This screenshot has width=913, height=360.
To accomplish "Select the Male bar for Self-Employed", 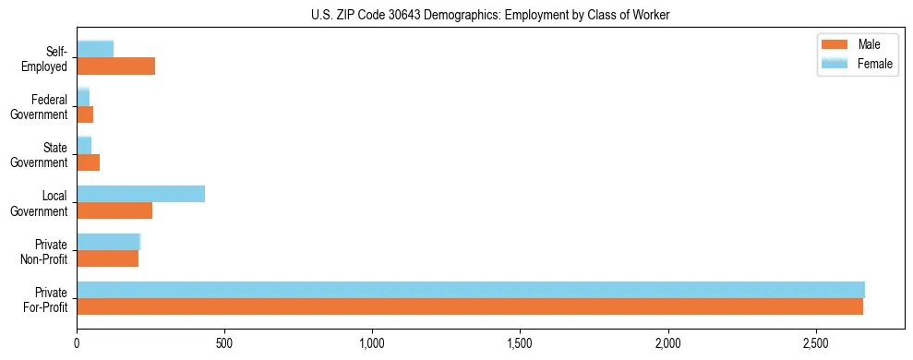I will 115,66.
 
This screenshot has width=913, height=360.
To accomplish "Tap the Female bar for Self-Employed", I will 95,49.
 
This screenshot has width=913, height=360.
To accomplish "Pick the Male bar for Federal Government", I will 85,114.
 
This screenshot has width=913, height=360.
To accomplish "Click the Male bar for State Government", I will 88,162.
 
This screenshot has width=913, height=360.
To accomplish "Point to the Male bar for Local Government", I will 114,210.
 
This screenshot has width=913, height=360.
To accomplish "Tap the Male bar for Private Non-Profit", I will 107,258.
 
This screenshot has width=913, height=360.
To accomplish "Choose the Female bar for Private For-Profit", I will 471,290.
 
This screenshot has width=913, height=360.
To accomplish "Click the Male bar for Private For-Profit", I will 470,306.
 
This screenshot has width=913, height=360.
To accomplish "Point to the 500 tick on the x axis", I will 224,342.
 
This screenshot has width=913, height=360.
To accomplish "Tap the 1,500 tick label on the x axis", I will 520,342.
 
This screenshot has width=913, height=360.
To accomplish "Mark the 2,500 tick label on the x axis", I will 815,342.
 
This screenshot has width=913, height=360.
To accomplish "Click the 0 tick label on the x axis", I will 78,342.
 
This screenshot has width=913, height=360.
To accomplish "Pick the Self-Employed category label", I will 50,58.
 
